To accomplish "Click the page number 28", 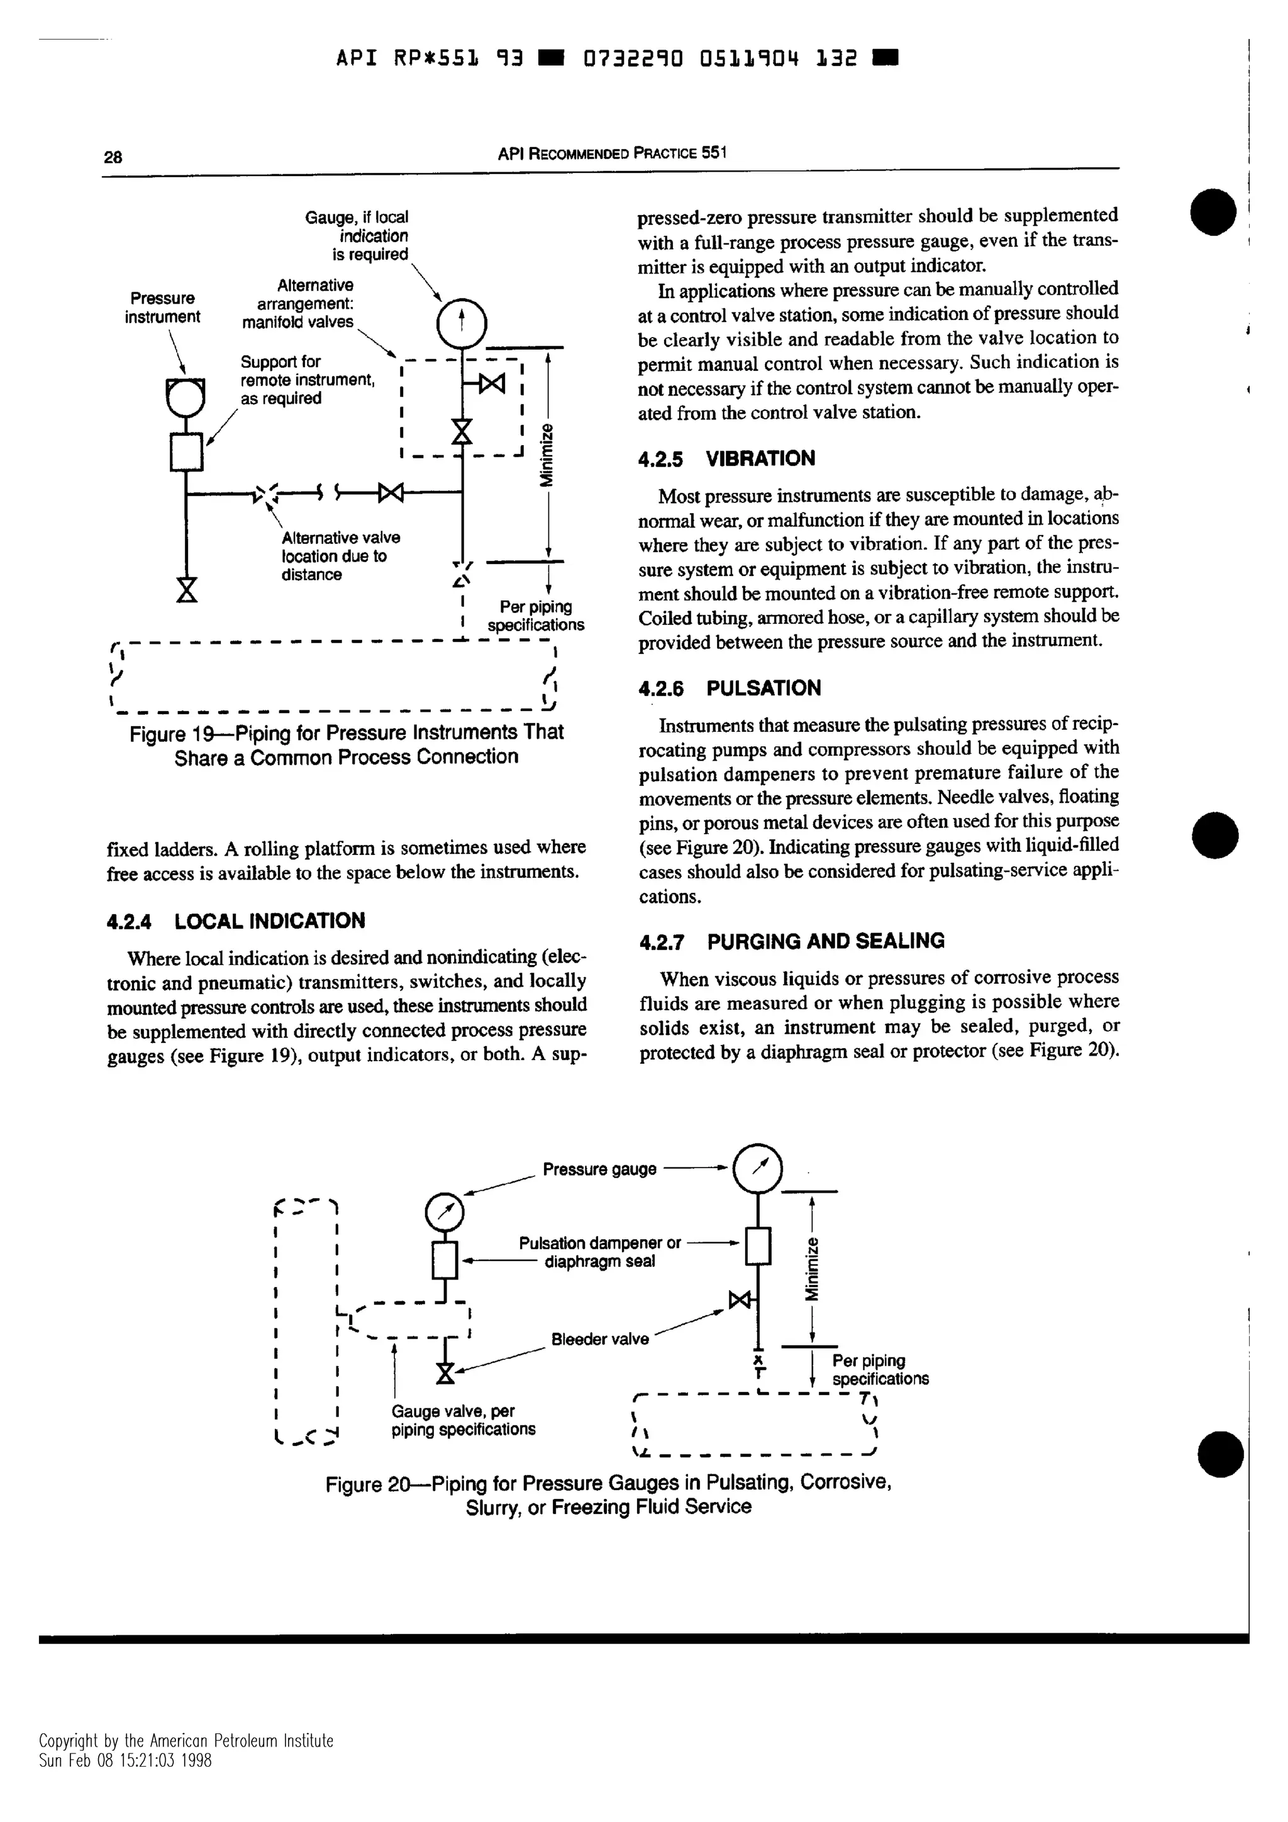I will click(113, 157).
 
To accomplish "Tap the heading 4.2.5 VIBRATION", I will click(726, 459).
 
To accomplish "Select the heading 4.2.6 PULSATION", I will click(730, 688).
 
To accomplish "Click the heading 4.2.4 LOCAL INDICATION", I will click(236, 920).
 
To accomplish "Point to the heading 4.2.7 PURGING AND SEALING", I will click(791, 941).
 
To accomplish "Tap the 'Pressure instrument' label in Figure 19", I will click(163, 307).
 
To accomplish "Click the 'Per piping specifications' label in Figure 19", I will click(536, 616).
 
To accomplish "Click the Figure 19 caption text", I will click(347, 744).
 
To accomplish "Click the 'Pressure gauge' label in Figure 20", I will click(599, 1169).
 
